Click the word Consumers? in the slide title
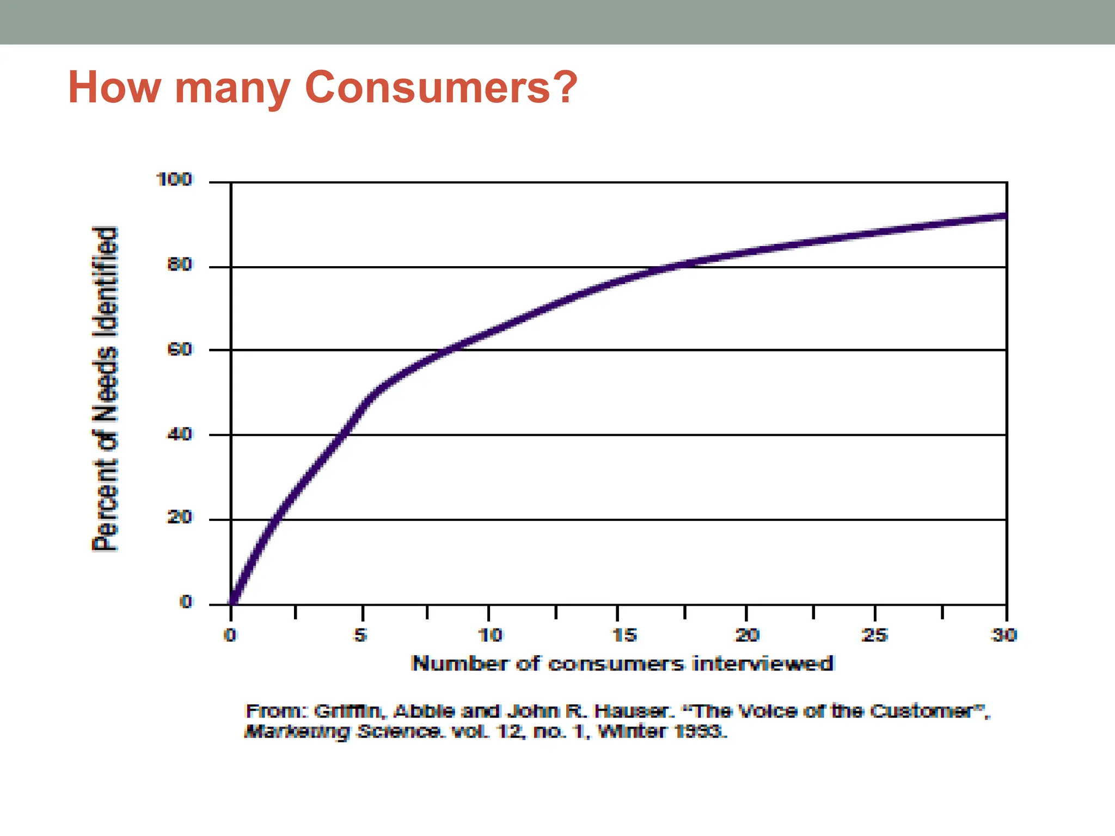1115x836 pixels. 441,87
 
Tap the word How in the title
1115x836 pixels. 114,87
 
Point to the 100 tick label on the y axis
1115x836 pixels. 174,179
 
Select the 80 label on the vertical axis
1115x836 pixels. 180,265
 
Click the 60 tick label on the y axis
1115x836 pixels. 180,349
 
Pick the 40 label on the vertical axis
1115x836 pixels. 180,434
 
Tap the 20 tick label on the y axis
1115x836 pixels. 180,517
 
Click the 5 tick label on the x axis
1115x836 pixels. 360,635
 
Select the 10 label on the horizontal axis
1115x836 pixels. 490,635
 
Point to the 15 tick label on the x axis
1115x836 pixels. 624,635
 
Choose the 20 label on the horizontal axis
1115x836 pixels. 748,635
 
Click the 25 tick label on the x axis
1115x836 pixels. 875,635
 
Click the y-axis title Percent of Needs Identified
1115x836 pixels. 105,389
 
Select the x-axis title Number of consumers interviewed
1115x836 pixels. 622,663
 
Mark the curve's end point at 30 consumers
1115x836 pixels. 1006,216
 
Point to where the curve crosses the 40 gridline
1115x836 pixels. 341,434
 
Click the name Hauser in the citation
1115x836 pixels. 630,711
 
